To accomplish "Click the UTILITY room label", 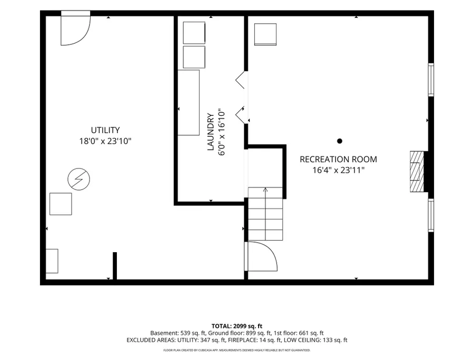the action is (x=105, y=130).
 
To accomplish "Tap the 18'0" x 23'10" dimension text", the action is (x=105, y=141).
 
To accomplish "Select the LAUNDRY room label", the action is (x=211, y=132).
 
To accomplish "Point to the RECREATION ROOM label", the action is (x=338, y=159).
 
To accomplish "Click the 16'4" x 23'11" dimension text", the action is (x=338, y=170).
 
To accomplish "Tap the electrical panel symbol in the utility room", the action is (x=78, y=179).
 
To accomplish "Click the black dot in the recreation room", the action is (x=340, y=141).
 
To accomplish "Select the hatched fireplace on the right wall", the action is (x=417, y=172).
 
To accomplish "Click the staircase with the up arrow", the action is (x=265, y=214).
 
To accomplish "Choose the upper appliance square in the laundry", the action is (x=194, y=33).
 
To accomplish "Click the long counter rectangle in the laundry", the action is (x=189, y=103).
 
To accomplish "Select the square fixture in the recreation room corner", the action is (x=265, y=34).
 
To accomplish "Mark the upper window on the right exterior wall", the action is (x=431, y=79).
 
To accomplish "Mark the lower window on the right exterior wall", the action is (x=431, y=215).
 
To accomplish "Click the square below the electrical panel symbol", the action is (x=61, y=204).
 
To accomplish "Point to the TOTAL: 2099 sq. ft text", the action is (x=236, y=326).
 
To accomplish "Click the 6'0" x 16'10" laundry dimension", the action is (x=222, y=132).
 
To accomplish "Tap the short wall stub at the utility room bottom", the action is (x=115, y=266).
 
